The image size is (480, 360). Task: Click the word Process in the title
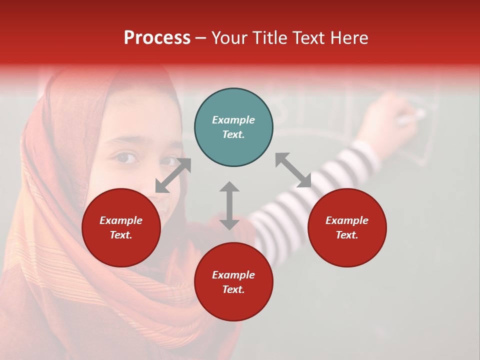click(157, 38)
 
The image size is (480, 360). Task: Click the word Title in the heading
click(271, 38)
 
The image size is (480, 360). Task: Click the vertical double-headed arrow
click(229, 205)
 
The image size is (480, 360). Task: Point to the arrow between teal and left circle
click(173, 175)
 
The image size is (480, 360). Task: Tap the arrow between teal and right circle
click(293, 170)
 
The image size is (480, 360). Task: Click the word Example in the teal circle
click(233, 120)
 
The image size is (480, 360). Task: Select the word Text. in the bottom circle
click(233, 289)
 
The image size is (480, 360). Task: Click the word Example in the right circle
click(347, 220)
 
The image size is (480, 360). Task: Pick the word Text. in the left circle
click(121, 235)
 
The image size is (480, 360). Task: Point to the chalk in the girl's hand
click(413, 118)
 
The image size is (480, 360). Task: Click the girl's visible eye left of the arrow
click(126, 158)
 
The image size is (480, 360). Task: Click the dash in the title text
click(200, 38)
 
